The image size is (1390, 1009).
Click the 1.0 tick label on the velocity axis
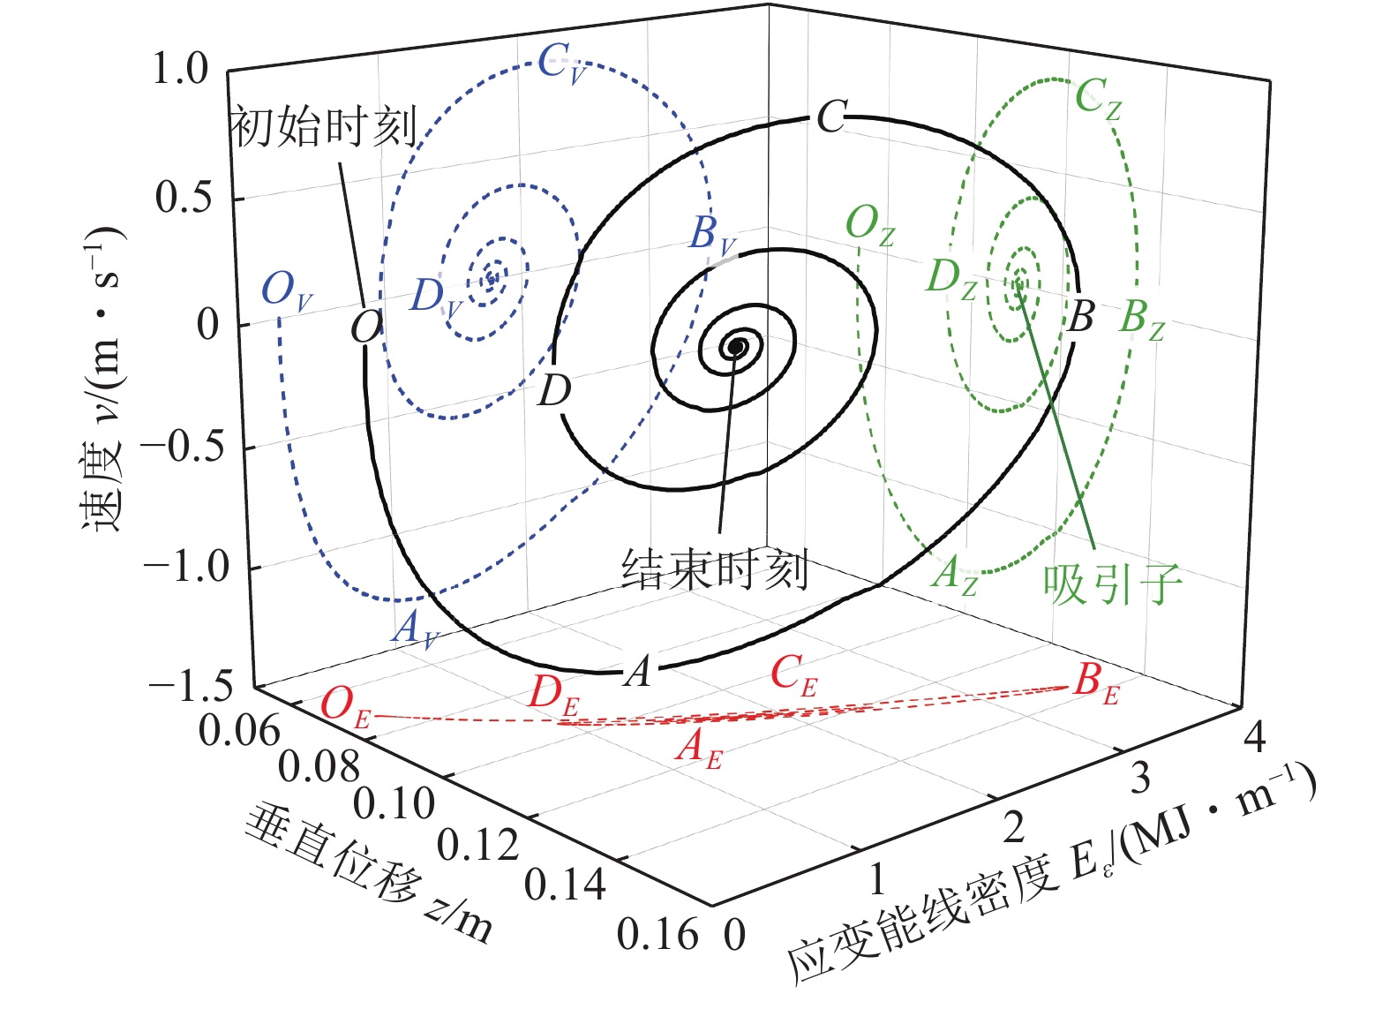pyautogui.click(x=180, y=69)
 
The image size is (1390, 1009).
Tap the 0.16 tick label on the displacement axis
pyautogui.click(x=657, y=935)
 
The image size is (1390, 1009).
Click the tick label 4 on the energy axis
pyautogui.click(x=1254, y=735)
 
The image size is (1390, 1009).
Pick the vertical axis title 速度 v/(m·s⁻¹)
pyautogui.click(x=104, y=380)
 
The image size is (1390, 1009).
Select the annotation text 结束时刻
pyautogui.click(x=715, y=569)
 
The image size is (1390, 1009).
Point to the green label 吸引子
pyautogui.click(x=1112, y=584)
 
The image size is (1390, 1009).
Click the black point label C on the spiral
pyautogui.click(x=831, y=117)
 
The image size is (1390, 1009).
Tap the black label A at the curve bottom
pyautogui.click(x=638, y=672)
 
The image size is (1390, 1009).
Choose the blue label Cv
pyautogui.click(x=562, y=64)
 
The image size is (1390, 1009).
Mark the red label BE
pyautogui.click(x=1096, y=682)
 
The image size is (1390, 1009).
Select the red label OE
pyautogui.click(x=345, y=706)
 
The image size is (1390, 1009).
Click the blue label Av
pyautogui.click(x=414, y=629)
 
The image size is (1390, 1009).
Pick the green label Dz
pyautogui.click(x=951, y=278)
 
